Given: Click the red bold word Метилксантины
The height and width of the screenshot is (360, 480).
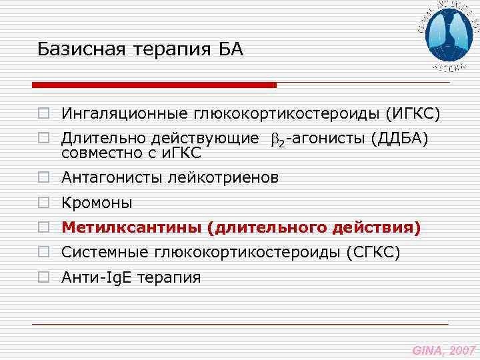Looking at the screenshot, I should (131, 228).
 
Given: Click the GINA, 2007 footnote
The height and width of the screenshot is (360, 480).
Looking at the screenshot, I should (443, 349).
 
